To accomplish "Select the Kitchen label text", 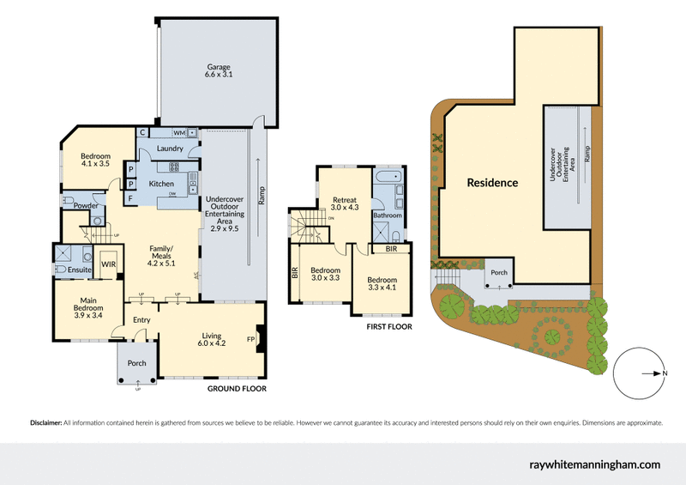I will [x=161, y=184].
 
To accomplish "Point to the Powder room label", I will [x=84, y=206].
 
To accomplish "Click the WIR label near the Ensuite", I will [x=109, y=264].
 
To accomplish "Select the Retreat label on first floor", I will [x=344, y=203].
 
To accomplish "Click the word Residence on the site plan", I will [x=492, y=183].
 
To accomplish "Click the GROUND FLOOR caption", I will [x=237, y=389].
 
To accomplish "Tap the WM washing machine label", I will [x=179, y=133].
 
